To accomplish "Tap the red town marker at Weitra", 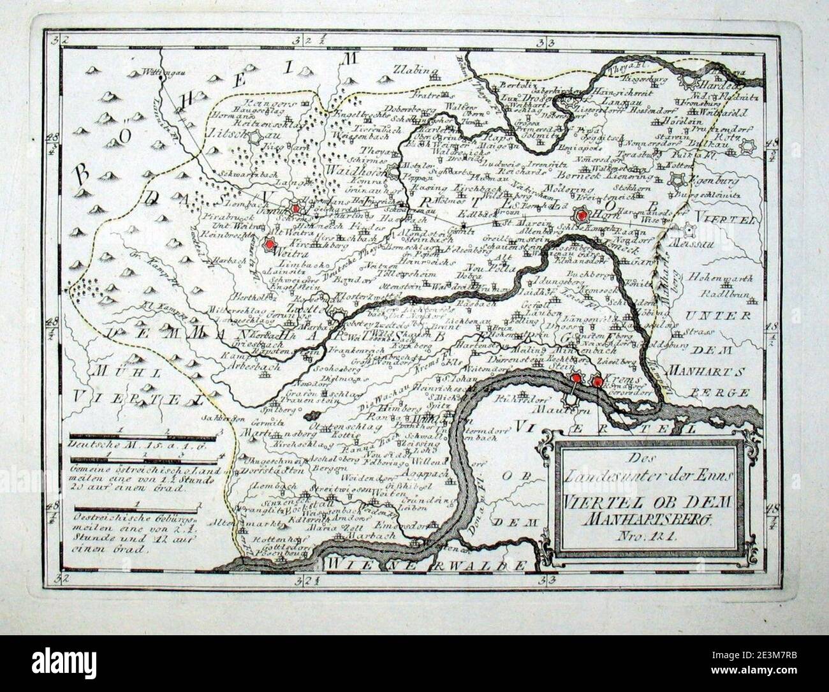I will (x=270, y=244).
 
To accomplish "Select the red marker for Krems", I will (x=597, y=381).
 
